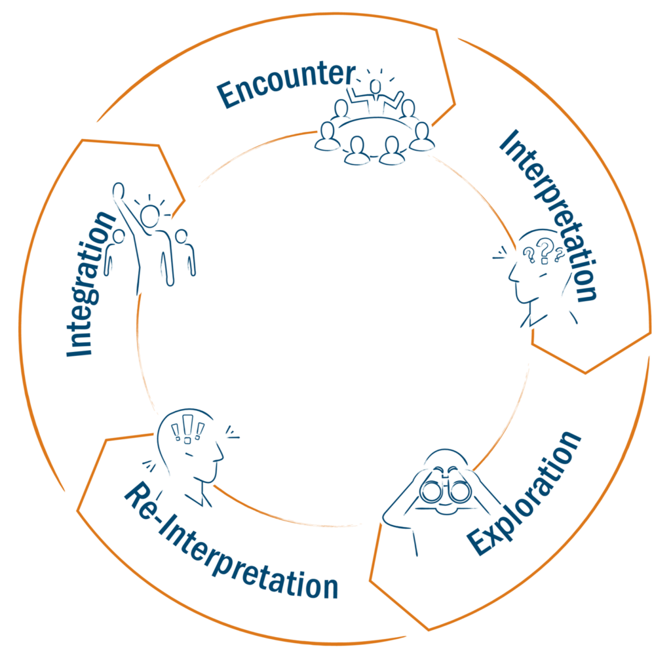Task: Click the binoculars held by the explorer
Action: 446,491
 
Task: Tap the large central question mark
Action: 543,248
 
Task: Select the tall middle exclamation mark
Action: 187,426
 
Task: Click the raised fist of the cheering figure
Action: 118,189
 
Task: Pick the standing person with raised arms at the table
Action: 375,96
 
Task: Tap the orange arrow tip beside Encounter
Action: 454,103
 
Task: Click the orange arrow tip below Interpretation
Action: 585,372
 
